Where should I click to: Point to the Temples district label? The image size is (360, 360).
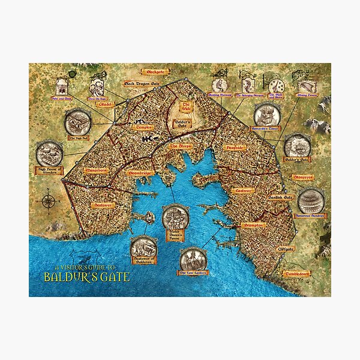point(144,127)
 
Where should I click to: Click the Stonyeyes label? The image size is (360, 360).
point(306,178)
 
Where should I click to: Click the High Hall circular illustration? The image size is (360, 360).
point(79,123)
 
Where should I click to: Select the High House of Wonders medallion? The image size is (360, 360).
point(49,154)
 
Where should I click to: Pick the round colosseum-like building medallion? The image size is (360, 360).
point(311,201)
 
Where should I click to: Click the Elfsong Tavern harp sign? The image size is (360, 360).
point(309,86)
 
